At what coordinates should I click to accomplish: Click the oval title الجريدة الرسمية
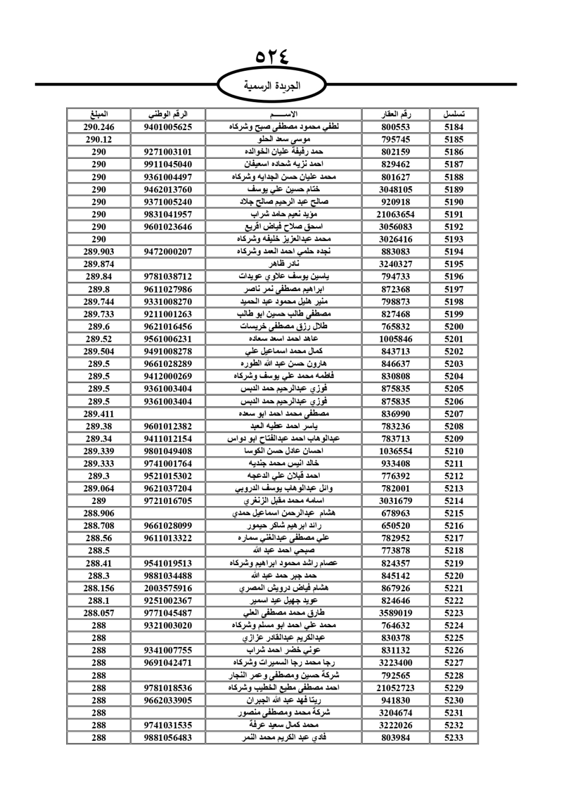[x=272, y=86]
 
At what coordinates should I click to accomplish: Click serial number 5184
[x=454, y=127]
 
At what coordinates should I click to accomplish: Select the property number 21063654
[x=396, y=215]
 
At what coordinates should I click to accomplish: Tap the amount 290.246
[x=99, y=127]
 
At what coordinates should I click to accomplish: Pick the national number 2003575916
[x=168, y=588]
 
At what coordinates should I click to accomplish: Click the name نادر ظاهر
[x=284, y=264]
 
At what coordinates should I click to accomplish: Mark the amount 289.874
[x=99, y=264]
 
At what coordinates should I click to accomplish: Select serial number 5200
[x=454, y=326]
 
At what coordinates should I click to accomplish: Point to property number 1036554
[x=396, y=451]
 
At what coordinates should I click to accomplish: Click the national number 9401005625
[x=168, y=127]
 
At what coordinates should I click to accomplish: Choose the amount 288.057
[x=99, y=613]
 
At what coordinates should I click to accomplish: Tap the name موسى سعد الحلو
[x=284, y=139]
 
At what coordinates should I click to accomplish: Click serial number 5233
[x=454, y=737]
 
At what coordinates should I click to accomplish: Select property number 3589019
[x=396, y=613]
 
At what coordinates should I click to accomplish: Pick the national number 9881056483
[x=168, y=737]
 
